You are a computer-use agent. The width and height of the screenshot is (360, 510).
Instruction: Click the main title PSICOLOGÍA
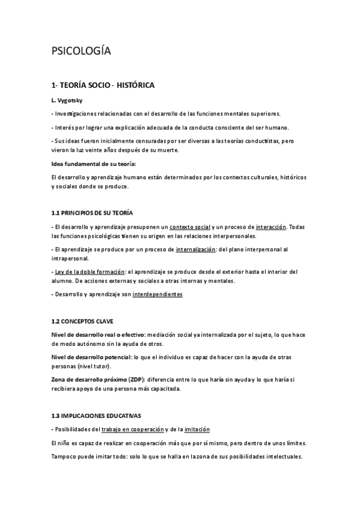81,52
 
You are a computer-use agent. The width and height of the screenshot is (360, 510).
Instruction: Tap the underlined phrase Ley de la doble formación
90,272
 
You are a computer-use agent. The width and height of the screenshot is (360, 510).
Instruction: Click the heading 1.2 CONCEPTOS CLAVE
82,322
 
